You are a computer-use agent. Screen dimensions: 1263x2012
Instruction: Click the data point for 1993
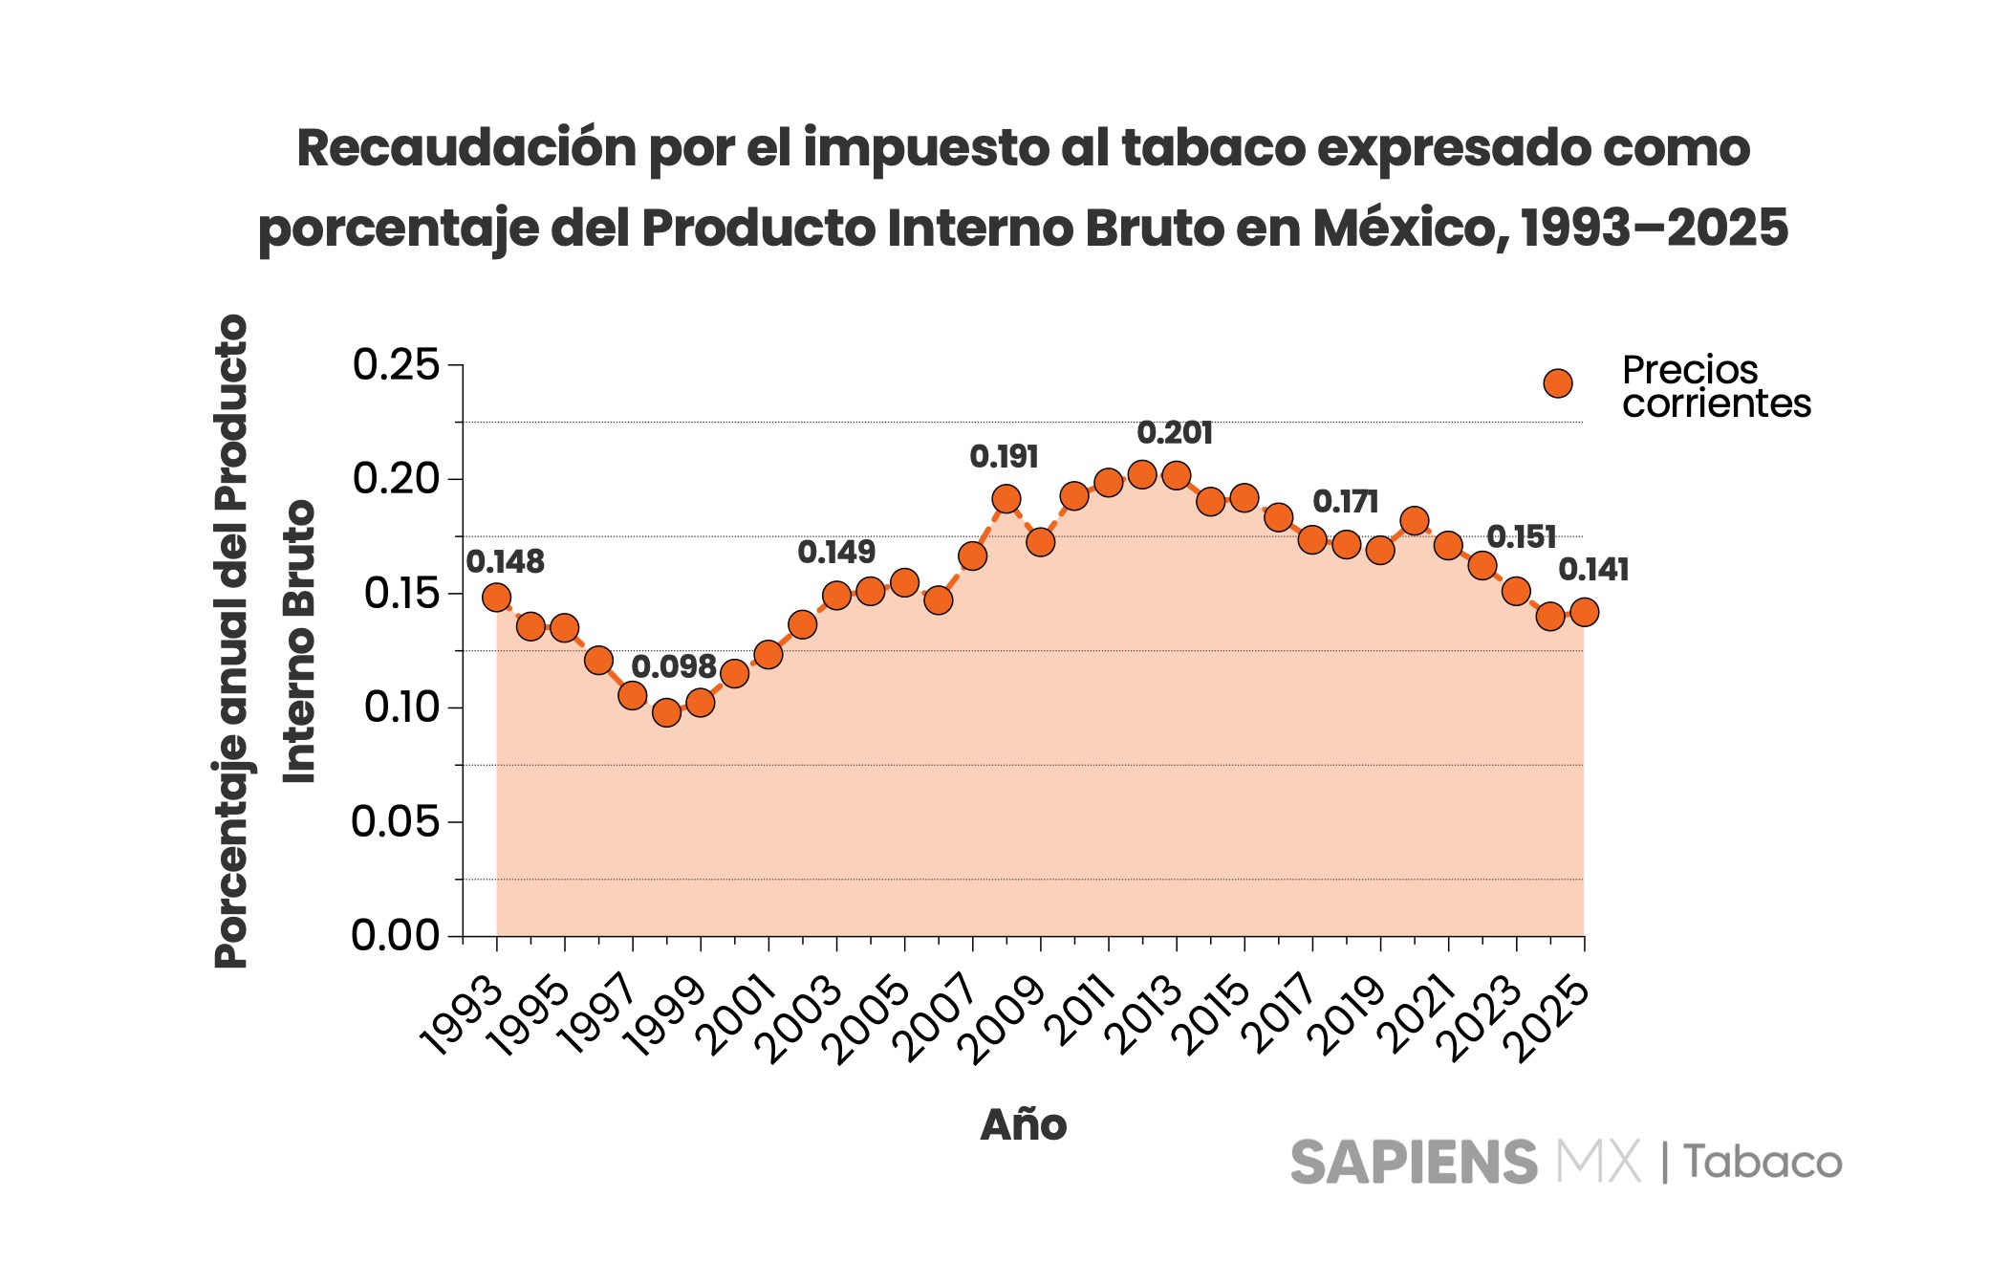click(x=496, y=598)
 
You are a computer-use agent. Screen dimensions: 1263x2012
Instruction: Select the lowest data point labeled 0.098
click(x=666, y=712)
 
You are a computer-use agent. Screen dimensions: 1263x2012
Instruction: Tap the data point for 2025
click(x=1584, y=613)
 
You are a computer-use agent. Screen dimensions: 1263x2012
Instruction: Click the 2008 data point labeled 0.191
click(x=1006, y=498)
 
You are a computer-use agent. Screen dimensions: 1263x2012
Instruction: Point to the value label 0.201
click(x=1174, y=433)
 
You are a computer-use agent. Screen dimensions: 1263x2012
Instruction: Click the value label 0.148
click(x=505, y=562)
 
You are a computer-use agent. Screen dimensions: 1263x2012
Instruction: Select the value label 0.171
click(x=1345, y=501)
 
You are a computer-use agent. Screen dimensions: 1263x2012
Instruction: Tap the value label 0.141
click(x=1593, y=570)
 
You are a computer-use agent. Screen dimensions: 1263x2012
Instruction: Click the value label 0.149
click(x=836, y=552)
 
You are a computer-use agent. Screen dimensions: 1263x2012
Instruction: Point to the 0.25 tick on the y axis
click(x=396, y=365)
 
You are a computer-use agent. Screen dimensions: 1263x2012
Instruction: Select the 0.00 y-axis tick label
click(x=396, y=935)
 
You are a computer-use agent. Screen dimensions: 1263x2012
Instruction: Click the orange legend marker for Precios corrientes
click(x=1558, y=383)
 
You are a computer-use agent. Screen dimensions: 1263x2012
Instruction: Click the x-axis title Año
click(x=1023, y=1125)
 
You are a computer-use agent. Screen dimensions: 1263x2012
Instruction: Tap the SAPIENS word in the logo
click(x=1413, y=1162)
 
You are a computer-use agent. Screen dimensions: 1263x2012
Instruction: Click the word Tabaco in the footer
click(x=1763, y=1162)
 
